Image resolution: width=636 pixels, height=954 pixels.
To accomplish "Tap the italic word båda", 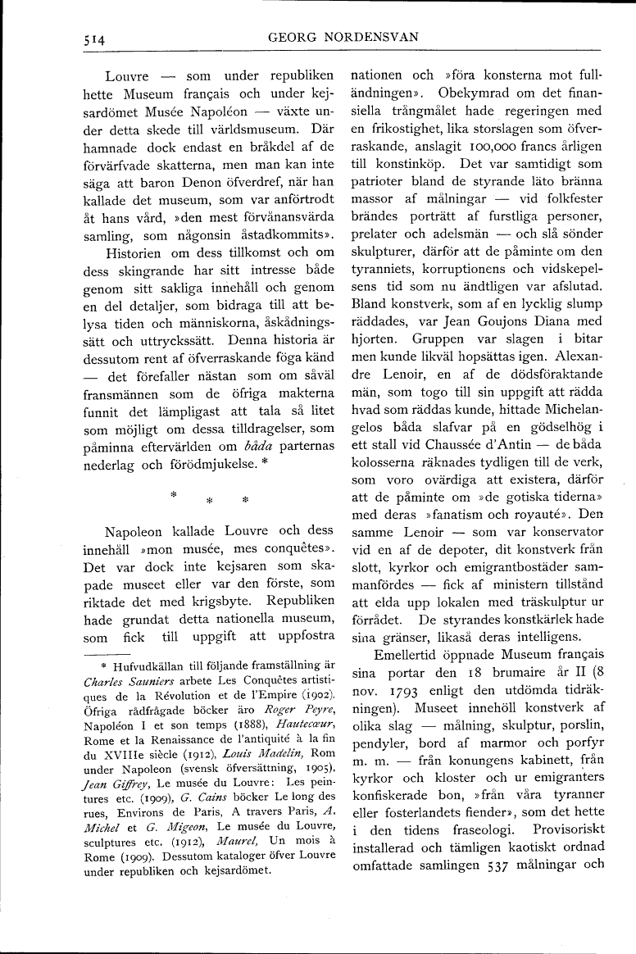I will click(x=247, y=446).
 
